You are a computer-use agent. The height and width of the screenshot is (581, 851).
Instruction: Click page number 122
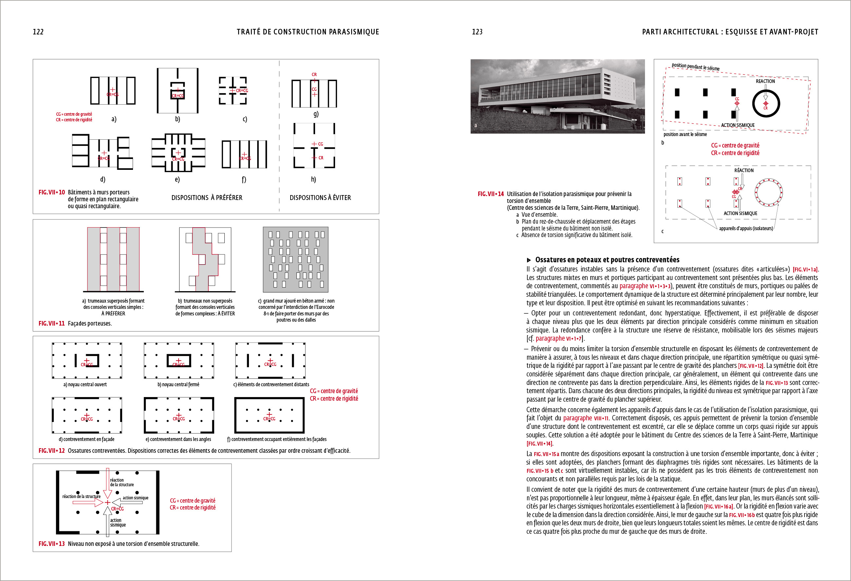(38, 32)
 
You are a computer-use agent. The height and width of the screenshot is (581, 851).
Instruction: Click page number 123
(477, 32)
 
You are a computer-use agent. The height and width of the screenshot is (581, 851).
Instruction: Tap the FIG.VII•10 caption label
(52, 192)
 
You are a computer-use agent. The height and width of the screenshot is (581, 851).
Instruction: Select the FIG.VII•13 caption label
(52, 544)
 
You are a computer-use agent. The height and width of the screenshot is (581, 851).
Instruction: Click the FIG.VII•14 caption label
(491, 194)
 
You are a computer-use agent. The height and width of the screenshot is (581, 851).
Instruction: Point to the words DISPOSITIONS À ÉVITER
(320, 198)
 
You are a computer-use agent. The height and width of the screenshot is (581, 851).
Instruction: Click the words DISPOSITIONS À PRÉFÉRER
(207, 198)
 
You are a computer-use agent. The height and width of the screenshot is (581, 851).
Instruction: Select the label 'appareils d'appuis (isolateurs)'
(746, 229)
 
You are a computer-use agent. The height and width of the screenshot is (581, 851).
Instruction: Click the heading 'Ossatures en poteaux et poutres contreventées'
(607, 260)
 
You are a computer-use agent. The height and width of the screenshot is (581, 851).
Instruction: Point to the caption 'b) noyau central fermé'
(178, 385)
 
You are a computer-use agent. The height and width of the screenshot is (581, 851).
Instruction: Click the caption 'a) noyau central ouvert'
(85, 385)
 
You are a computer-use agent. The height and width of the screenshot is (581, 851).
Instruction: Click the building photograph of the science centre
(558, 96)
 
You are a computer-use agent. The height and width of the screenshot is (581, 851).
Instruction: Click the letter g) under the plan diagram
(316, 114)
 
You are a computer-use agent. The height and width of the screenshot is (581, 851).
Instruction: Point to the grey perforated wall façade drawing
(295, 260)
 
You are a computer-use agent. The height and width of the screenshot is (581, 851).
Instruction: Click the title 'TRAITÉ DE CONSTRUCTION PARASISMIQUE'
(308, 32)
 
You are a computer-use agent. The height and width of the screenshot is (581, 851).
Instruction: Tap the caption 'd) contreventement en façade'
(86, 439)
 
